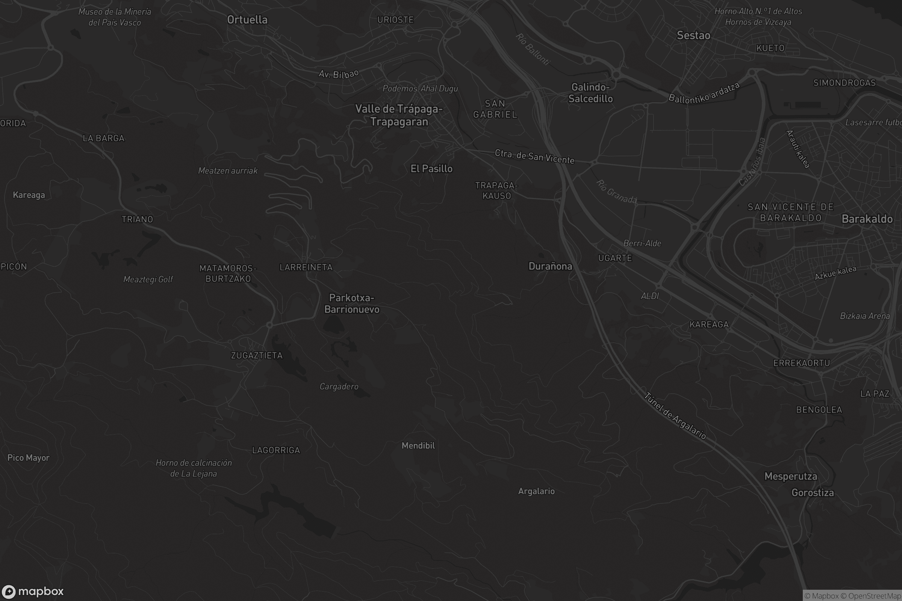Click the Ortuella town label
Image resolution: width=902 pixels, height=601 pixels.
(247, 20)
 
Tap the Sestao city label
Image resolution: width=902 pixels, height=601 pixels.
(693, 35)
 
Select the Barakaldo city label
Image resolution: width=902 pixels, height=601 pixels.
(867, 219)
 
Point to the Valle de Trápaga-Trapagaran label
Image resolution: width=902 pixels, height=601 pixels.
(399, 115)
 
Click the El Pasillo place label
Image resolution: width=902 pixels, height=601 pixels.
(431, 169)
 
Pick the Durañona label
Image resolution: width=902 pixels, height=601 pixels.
(550, 266)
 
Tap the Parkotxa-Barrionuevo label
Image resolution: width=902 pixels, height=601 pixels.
(352, 303)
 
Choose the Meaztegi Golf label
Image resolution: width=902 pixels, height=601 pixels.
(148, 279)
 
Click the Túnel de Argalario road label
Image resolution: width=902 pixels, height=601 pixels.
(675, 415)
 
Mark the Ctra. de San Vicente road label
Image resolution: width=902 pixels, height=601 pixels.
(534, 156)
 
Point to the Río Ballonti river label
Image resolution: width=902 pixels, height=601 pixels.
(533, 49)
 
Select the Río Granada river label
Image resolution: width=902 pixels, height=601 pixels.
(616, 191)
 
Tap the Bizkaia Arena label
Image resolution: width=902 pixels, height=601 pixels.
(864, 316)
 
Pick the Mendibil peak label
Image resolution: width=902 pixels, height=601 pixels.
(418, 445)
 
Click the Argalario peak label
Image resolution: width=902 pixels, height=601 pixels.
(536, 491)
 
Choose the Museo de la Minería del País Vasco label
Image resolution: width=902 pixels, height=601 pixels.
(115, 17)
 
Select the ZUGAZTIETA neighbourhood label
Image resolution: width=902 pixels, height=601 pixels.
(257, 355)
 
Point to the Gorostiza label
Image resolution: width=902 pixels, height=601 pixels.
(813, 492)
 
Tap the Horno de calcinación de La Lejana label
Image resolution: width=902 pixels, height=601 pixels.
(194, 468)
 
